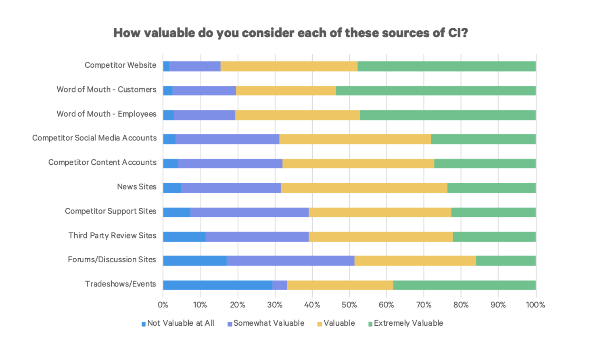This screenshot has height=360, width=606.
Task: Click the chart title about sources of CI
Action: [290, 33]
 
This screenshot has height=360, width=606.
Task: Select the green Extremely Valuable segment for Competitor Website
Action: [447, 66]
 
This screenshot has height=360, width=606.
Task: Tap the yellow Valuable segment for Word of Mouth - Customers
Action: [286, 90]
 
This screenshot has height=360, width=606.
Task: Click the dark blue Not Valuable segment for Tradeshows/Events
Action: [217, 285]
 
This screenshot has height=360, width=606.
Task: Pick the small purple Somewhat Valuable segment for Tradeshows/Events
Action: [280, 285]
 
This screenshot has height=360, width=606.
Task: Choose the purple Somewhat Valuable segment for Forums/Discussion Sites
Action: [290, 261]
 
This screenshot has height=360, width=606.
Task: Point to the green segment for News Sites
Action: [491, 188]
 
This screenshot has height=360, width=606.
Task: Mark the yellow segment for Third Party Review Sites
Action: [380, 237]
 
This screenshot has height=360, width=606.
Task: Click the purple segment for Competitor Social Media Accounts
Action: [227, 139]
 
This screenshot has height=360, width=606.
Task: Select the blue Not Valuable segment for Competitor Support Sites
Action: [176, 212]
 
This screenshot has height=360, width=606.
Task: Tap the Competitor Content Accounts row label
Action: [102, 162]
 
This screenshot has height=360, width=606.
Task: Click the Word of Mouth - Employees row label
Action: [106, 114]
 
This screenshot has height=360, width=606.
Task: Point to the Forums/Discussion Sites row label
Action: [112, 260]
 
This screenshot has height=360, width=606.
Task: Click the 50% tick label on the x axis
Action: [349, 305]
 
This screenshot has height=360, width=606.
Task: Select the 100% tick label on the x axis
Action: [535, 305]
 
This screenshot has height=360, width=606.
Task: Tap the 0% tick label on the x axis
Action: [163, 305]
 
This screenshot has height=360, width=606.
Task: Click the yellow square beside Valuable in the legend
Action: [320, 324]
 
